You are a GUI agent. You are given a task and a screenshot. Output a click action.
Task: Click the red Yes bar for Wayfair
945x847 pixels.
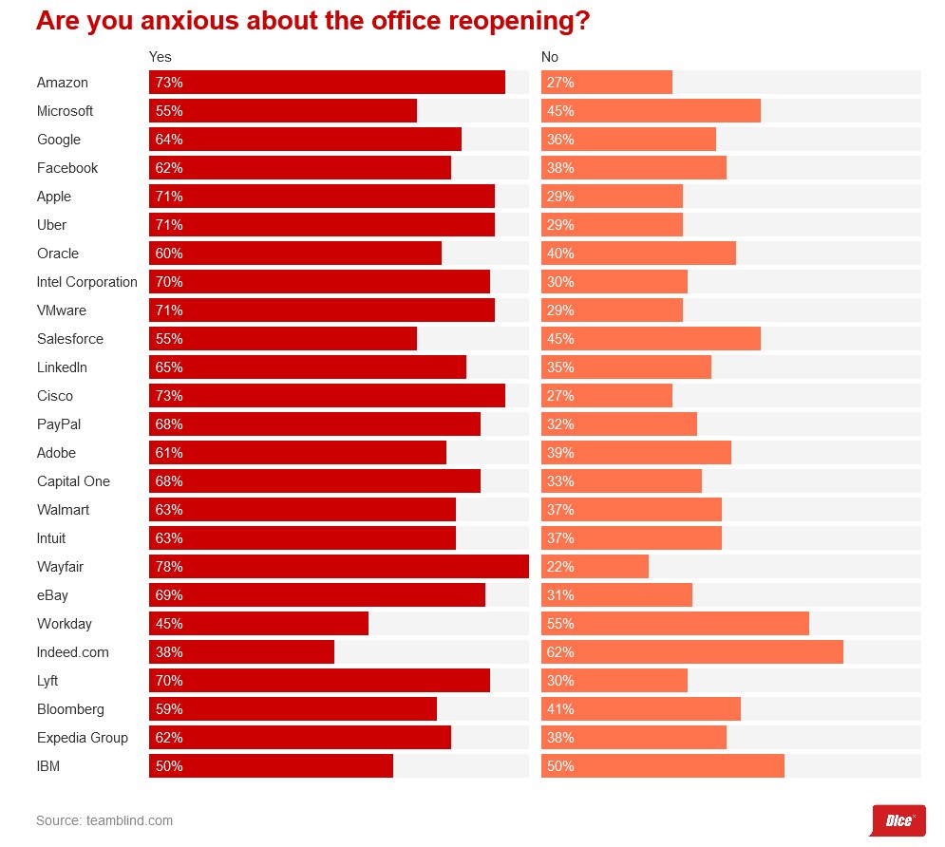[338, 567]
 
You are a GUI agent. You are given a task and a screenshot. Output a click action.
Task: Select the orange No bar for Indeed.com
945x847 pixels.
[691, 652]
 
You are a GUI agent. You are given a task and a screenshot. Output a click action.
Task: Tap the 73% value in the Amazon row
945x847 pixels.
[169, 83]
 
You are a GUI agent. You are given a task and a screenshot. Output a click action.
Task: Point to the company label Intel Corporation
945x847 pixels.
[86, 282]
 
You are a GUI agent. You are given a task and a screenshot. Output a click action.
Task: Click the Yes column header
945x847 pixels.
[161, 57]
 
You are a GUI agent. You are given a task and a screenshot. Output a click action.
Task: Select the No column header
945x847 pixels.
[550, 57]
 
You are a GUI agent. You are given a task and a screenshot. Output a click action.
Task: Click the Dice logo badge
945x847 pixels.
[898, 820]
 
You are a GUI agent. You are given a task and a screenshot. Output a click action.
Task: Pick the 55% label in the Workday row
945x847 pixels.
[560, 624]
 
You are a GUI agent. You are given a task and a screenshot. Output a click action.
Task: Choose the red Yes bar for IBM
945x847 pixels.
[271, 766]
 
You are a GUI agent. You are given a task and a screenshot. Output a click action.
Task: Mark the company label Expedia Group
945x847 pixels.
[82, 738]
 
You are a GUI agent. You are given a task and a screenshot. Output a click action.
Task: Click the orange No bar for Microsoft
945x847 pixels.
[651, 111]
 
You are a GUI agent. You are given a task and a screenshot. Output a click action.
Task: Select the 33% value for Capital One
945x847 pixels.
[560, 481]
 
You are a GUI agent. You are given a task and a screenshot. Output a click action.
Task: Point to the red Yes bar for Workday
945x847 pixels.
[258, 624]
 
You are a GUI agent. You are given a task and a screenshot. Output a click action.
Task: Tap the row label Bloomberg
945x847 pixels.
[70, 709]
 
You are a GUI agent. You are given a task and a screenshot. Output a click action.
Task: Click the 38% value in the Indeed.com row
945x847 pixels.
[169, 652]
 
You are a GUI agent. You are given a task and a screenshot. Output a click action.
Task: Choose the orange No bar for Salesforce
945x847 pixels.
[651, 339]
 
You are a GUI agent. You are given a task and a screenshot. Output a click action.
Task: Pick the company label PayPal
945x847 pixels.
[59, 424]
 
